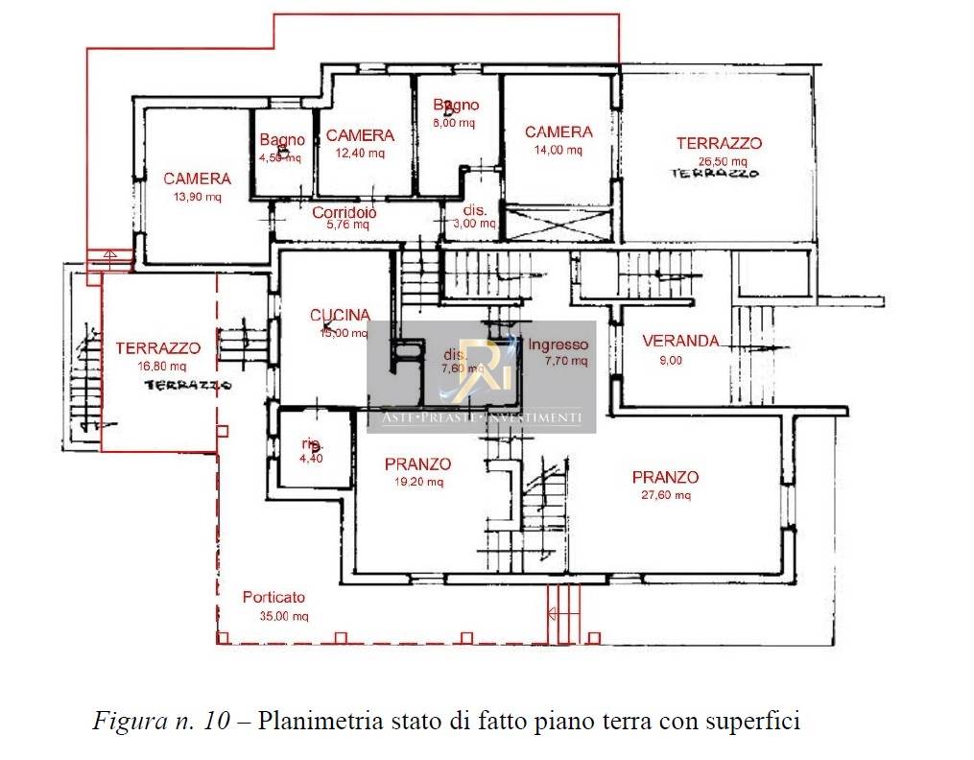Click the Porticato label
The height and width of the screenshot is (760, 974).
[x=273, y=597]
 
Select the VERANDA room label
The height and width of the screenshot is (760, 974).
[x=680, y=341]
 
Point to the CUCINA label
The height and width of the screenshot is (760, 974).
[x=340, y=316]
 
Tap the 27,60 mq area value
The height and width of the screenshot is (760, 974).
[x=665, y=495]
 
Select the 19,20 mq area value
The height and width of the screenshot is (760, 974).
[x=417, y=482]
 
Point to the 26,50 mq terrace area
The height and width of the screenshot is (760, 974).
[x=719, y=161]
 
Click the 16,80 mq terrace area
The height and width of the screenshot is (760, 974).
[x=157, y=366]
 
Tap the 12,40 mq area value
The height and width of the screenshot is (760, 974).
[x=360, y=153]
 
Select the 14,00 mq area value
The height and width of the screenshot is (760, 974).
[x=558, y=150]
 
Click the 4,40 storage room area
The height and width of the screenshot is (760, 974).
[x=313, y=460]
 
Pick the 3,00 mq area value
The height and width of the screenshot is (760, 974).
[x=476, y=224]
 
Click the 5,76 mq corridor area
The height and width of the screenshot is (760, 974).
[x=347, y=226]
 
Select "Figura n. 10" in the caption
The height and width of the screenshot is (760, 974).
[x=161, y=720]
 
